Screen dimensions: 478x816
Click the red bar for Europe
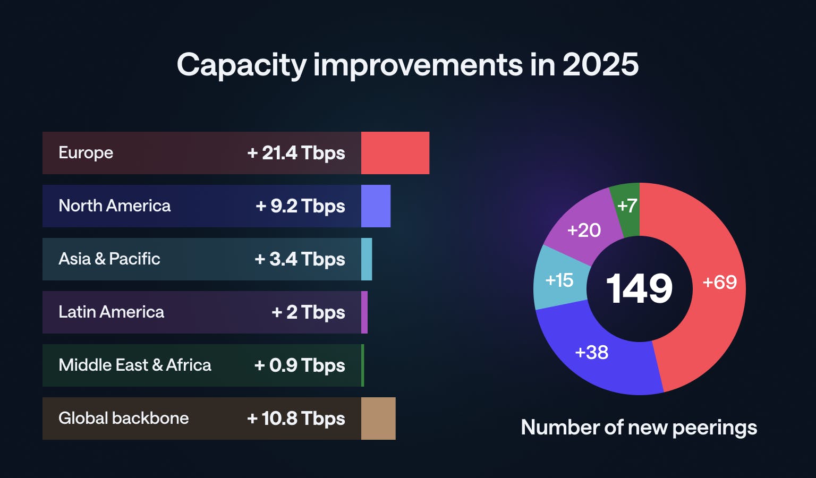[395, 153]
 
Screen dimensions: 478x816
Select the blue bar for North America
[376, 206]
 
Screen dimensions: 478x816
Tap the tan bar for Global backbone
[378, 419]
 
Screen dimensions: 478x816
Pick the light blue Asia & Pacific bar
[367, 259]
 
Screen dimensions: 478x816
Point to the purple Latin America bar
[364, 312]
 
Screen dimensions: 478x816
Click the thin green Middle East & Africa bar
[363, 365]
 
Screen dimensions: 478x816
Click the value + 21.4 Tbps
[296, 153]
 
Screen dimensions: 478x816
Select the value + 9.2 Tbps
[300, 206]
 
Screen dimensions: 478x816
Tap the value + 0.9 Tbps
[300, 365]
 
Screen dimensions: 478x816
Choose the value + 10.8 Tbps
[296, 419]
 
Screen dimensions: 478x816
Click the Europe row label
[86, 153]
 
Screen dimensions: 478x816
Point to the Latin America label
[111, 312]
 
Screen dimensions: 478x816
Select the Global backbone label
[123, 419]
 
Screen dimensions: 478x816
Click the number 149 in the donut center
[639, 289]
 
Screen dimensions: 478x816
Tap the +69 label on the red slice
[719, 282]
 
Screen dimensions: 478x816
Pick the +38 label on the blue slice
[591, 352]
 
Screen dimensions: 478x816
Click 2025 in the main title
[600, 65]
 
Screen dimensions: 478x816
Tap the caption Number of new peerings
[639, 428]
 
